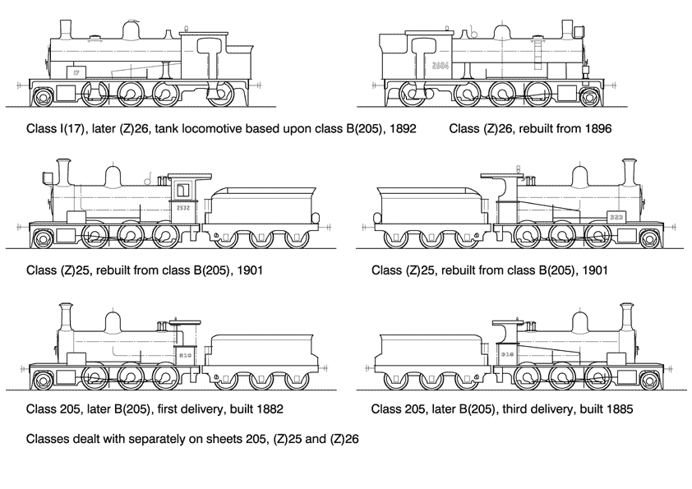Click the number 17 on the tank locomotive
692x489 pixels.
coord(76,73)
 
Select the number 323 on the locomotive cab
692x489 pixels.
coord(616,216)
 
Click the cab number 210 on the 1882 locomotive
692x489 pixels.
coord(185,355)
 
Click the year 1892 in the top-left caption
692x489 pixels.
coord(401,129)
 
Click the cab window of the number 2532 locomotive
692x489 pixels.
coord(183,191)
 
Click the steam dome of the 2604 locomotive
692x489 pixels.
coord(501,30)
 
